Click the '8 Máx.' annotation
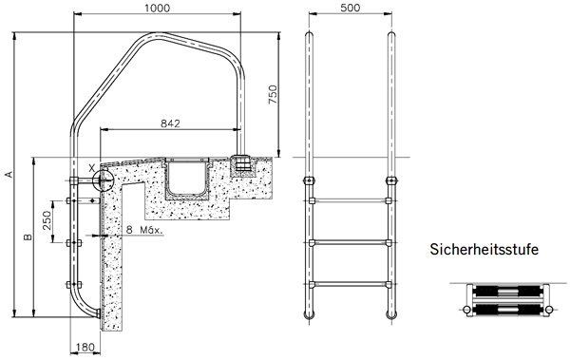146,231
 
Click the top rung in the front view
349,200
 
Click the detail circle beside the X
104,178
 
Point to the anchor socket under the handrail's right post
243,165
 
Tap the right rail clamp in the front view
390,180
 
